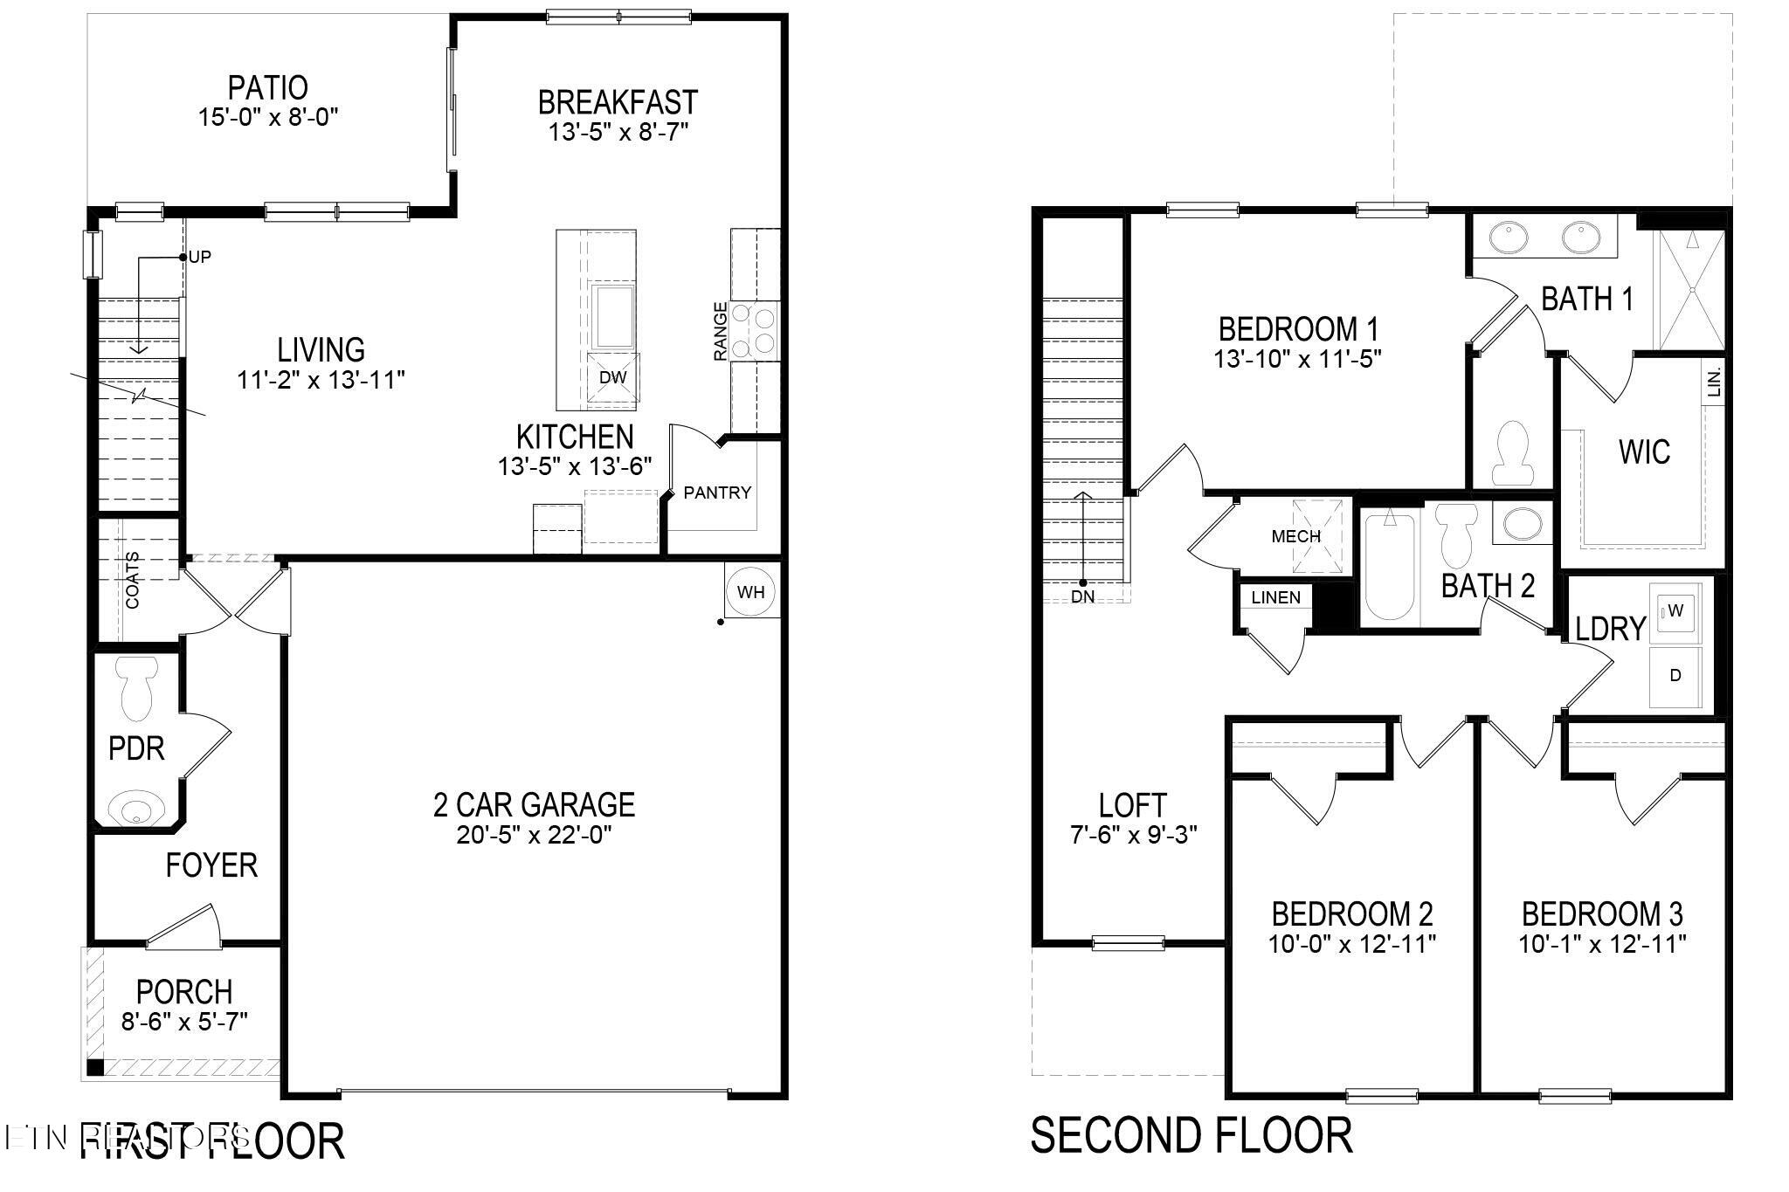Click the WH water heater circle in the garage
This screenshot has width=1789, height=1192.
coord(750,592)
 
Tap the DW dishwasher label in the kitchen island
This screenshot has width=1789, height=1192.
coord(613,377)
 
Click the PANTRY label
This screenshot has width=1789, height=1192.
coord(717,493)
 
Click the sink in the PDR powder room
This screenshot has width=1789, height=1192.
coord(136,806)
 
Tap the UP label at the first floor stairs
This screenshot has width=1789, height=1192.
coord(200,257)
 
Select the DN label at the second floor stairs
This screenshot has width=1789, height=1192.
coord(1082,597)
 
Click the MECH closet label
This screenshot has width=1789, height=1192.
coord(1295,536)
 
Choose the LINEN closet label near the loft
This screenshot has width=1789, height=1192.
coord(1276,597)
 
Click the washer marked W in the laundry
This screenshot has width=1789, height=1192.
coord(1675,610)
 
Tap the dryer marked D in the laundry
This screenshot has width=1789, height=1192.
coord(1675,675)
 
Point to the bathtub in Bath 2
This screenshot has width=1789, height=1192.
coord(1389,568)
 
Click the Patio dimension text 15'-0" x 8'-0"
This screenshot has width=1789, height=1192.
coord(268,117)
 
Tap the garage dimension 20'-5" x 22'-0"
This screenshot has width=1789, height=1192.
coord(534,835)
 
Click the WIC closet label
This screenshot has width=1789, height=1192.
coord(1644,451)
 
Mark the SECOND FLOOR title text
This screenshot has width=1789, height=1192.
coord(1192,1135)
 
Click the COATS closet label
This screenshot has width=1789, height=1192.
coord(132,580)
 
